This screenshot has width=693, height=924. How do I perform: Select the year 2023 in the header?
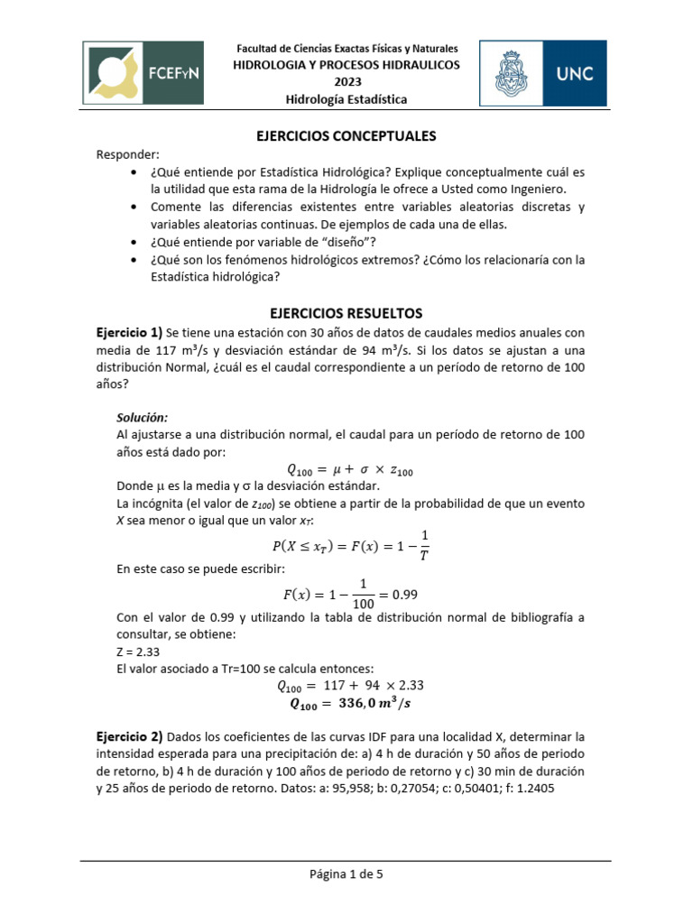pyautogui.click(x=346, y=82)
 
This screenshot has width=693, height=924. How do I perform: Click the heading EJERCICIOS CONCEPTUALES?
pyautogui.click(x=346, y=136)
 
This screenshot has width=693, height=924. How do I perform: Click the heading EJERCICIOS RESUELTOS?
pyautogui.click(x=346, y=313)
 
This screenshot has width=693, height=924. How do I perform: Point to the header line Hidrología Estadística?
pyautogui.click(x=346, y=99)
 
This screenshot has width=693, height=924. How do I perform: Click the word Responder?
pyautogui.click(x=127, y=154)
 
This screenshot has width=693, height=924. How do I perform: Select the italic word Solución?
pyautogui.click(x=143, y=418)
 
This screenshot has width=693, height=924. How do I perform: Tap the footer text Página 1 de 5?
pyautogui.click(x=346, y=874)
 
